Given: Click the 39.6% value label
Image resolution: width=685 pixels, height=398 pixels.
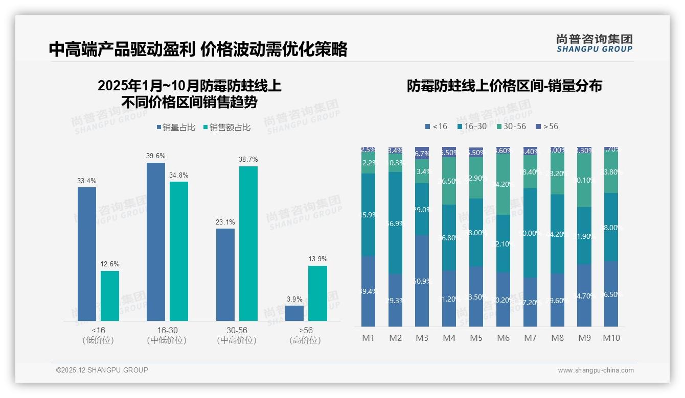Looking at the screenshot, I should [156, 156].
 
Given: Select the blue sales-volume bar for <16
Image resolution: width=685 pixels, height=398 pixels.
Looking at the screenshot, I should [87, 254].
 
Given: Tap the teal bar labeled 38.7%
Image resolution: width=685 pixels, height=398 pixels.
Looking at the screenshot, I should [248, 243].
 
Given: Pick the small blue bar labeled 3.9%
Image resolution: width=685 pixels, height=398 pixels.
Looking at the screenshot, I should [294, 313].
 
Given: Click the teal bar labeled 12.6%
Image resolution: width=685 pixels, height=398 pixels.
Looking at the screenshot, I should [110, 295].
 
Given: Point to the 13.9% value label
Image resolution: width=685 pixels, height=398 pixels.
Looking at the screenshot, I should [318, 259].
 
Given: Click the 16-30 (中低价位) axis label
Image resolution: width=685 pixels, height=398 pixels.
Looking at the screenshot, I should [167, 335].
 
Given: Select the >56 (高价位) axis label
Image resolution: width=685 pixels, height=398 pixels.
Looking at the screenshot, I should [305, 335].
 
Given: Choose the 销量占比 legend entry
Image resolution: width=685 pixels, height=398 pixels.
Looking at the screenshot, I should [175, 128].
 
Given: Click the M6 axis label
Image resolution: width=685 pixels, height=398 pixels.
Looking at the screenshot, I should [504, 338].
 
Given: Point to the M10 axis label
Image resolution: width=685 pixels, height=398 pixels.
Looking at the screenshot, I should [611, 338].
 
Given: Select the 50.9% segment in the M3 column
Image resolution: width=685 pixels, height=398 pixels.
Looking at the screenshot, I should [422, 281].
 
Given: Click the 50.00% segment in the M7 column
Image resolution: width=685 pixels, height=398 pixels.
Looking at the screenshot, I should [530, 233].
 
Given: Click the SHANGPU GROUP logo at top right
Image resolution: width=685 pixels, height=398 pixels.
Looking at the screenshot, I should [594, 43].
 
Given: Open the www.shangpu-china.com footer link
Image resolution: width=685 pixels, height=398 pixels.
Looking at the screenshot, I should [596, 370].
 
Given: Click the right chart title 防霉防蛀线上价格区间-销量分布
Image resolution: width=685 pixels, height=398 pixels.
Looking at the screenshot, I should [504, 86].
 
